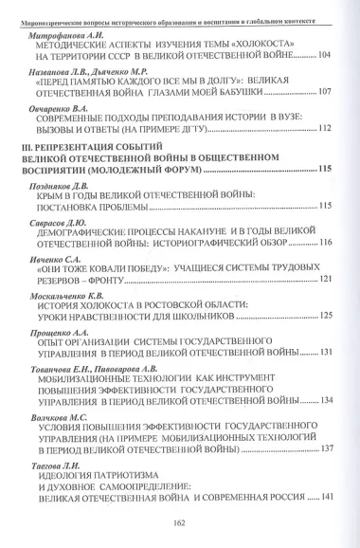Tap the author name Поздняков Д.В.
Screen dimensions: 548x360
[62, 212]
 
